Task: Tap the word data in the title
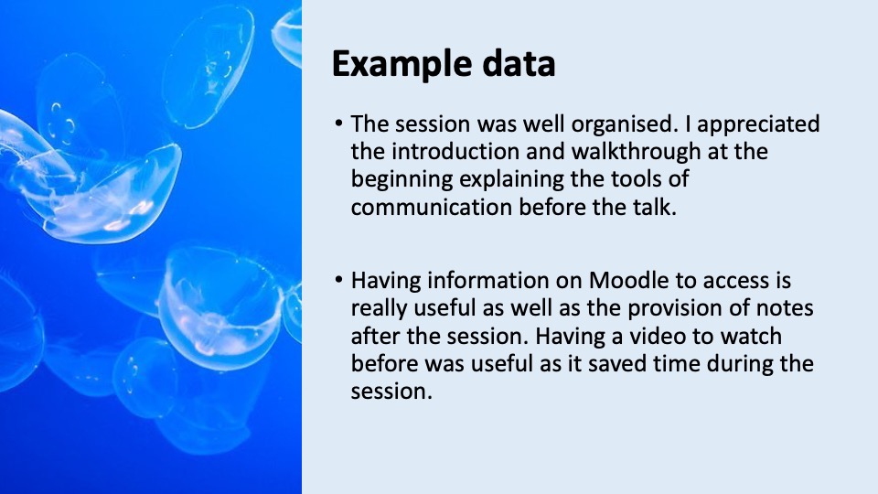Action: click(519, 63)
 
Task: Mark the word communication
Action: click(431, 208)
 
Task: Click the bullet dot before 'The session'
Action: click(338, 123)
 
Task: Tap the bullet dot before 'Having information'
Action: click(338, 279)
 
